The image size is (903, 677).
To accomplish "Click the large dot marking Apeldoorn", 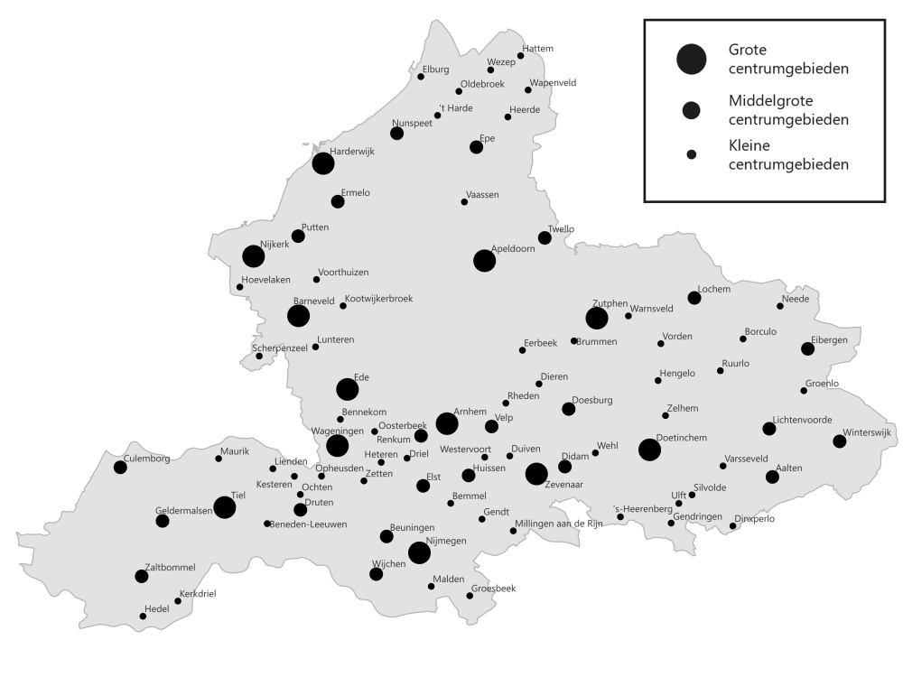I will click(x=484, y=261).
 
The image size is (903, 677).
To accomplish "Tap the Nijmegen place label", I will click(x=445, y=541).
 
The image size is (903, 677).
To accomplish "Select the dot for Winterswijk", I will click(x=839, y=441).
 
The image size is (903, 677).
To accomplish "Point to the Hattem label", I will click(x=536, y=48).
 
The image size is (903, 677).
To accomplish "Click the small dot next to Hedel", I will click(x=143, y=617).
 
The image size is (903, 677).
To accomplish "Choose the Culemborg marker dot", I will click(x=120, y=467).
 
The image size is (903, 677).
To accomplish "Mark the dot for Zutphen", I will click(x=596, y=318).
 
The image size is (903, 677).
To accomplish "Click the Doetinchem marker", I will click(x=649, y=450).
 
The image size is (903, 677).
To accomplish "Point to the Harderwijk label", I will click(x=351, y=151).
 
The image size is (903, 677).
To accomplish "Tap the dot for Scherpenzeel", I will click(x=259, y=356).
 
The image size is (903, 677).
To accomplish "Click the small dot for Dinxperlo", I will click(x=733, y=526).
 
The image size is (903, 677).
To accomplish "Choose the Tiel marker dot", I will click(x=225, y=508).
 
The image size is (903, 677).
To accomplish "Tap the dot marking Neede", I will click(x=780, y=306).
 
